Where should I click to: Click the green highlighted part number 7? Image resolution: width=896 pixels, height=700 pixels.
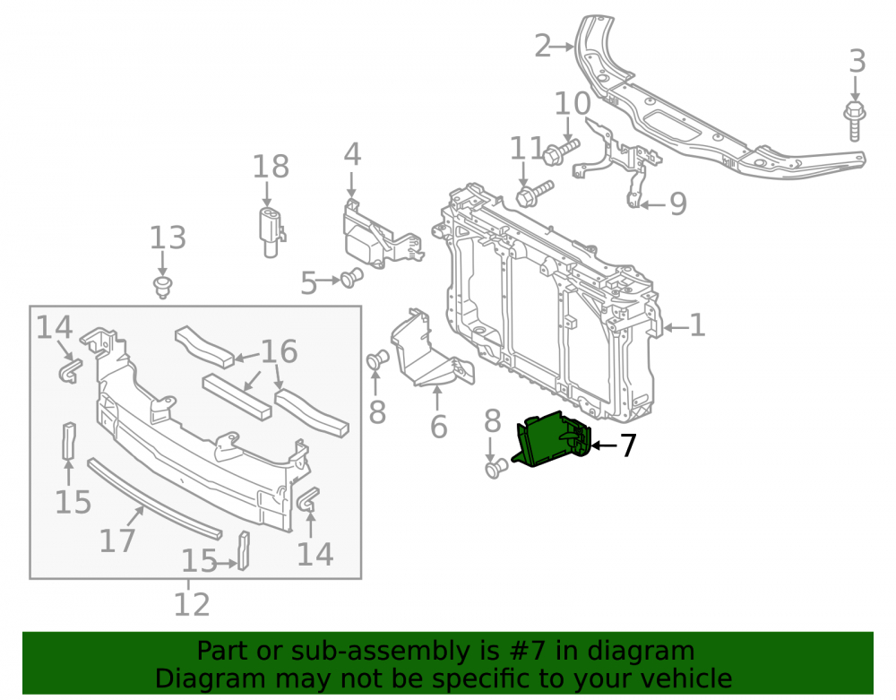(x=550, y=440)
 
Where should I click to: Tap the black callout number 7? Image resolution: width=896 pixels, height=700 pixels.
(x=628, y=445)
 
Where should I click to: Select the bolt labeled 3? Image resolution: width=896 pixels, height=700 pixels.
(x=854, y=120)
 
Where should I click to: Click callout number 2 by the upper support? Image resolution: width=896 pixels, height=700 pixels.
(x=543, y=46)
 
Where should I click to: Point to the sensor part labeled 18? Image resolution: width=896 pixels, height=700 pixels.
(x=271, y=231)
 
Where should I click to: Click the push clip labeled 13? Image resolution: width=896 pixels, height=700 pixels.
(x=163, y=288)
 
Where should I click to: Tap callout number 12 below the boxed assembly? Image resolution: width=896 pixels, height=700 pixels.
(x=192, y=604)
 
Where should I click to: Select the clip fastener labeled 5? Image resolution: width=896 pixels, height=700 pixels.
(x=351, y=278)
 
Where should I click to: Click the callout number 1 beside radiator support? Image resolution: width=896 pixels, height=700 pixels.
(x=697, y=325)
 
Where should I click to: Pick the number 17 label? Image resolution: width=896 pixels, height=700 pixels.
(x=117, y=540)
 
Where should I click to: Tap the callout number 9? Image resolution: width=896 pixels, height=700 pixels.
(x=677, y=204)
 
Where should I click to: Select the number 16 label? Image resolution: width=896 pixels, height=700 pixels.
(x=279, y=351)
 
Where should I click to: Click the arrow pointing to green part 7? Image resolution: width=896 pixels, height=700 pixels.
(x=605, y=445)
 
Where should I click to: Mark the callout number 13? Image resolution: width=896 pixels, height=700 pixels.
(x=168, y=238)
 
